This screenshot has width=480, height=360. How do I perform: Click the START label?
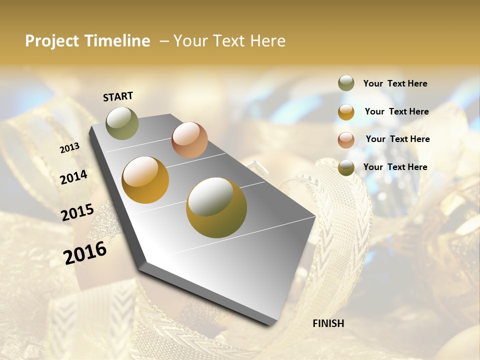[x=118, y=96]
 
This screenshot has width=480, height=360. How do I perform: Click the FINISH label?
[x=328, y=323]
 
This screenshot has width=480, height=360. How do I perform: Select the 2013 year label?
[x=70, y=147]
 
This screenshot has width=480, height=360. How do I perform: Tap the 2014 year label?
[x=74, y=177]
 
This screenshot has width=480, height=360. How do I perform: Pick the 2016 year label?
[x=85, y=252]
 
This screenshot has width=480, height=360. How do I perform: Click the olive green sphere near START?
[x=122, y=123]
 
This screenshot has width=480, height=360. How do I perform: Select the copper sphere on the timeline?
[x=189, y=140]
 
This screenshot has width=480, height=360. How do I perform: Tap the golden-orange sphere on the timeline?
[x=145, y=180]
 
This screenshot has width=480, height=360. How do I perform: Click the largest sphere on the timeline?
[x=216, y=207]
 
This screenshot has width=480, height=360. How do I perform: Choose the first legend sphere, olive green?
[x=346, y=83]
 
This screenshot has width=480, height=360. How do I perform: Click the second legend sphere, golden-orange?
[x=346, y=111]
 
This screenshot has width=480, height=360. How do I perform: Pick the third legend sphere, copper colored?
[x=346, y=139]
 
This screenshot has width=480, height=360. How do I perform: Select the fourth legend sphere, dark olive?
[x=346, y=167]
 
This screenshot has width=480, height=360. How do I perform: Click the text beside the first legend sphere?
[x=395, y=84]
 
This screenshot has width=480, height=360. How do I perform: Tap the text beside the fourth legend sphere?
[x=395, y=167]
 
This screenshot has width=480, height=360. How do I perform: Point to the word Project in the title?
[x=52, y=41]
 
